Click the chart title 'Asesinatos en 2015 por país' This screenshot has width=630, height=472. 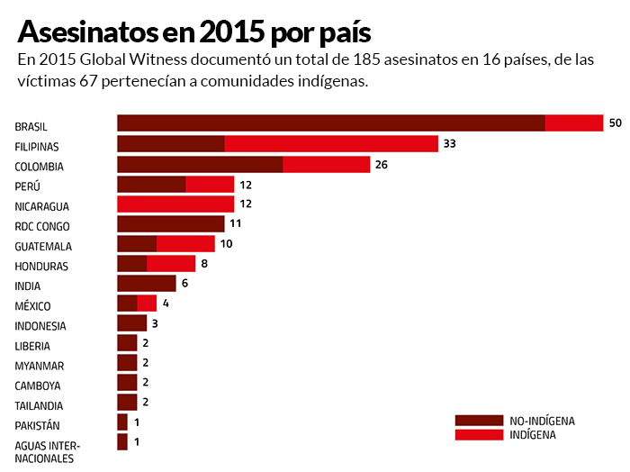[193, 32]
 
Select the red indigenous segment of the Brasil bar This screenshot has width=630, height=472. [573, 123]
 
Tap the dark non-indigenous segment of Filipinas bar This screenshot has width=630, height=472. [170, 143]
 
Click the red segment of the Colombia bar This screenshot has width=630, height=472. [326, 164]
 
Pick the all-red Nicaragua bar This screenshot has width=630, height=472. [175, 204]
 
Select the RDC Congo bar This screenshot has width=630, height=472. [170, 224]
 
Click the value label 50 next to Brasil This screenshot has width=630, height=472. [616, 123]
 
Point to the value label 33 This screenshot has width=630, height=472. [450, 144]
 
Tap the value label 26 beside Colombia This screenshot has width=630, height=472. [381, 165]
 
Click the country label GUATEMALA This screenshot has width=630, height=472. [43, 247]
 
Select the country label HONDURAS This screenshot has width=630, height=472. [41, 267]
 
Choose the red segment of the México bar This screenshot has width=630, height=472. [147, 304]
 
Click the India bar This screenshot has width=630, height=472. [146, 284]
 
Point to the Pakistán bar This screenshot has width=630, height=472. [122, 422]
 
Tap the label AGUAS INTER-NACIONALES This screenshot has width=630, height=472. [47, 451]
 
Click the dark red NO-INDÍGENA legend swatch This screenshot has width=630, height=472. [478, 421]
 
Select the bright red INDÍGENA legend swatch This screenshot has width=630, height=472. [478, 435]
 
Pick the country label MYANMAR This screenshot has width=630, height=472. [40, 366]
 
